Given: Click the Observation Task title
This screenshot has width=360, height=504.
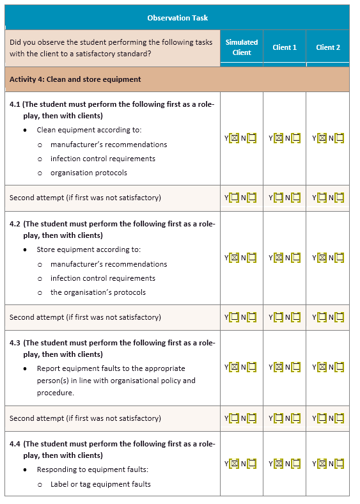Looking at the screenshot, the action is click(177, 17).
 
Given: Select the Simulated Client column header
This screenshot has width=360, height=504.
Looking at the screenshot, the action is click(242, 47).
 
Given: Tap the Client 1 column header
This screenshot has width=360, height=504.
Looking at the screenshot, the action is click(285, 47).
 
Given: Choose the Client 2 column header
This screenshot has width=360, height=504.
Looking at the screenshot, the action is click(328, 47).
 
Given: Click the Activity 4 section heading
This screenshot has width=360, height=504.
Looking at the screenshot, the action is click(75, 79).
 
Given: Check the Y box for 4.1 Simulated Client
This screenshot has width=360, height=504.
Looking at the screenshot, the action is click(235, 138).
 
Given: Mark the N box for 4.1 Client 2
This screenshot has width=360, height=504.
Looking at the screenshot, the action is click(339, 138).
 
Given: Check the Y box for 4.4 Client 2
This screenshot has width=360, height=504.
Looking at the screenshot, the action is click(322, 464).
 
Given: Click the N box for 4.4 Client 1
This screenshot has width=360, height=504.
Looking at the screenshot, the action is click(295, 464).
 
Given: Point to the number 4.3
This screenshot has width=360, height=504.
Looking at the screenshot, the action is click(15, 343).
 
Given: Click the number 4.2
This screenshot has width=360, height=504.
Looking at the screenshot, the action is click(15, 223).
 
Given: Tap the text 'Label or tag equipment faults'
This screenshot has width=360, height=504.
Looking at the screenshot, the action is click(100, 484).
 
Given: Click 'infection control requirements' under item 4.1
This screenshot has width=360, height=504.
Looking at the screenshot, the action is click(102, 159).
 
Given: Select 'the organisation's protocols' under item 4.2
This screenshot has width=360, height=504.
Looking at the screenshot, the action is click(98, 292).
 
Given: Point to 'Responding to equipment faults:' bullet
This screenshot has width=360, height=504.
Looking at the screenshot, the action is click(92, 469).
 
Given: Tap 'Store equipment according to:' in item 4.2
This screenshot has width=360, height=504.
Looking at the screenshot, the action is click(89, 249).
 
